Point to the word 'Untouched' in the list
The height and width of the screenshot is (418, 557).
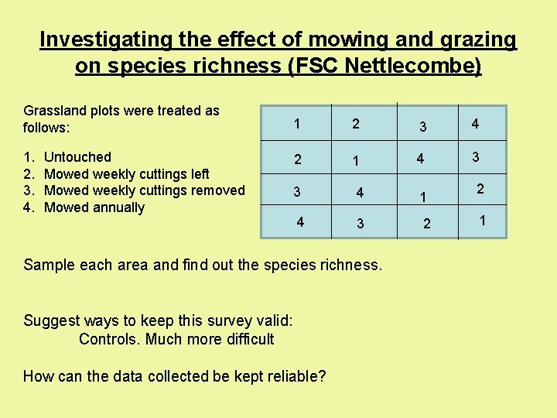pyautogui.click(x=78, y=157)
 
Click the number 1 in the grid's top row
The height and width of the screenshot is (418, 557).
pyautogui.click(x=297, y=124)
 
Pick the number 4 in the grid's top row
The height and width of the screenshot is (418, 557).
pyautogui.click(x=475, y=124)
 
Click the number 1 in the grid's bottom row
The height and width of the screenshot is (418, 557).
pyautogui.click(x=482, y=221)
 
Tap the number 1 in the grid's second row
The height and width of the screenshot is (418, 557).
pyautogui.click(x=355, y=162)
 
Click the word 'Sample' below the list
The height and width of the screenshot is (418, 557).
pyautogui.click(x=48, y=265)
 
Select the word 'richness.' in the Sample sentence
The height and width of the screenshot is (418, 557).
pyautogui.click(x=350, y=265)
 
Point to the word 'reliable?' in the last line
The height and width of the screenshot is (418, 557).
pyautogui.click(x=293, y=377)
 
